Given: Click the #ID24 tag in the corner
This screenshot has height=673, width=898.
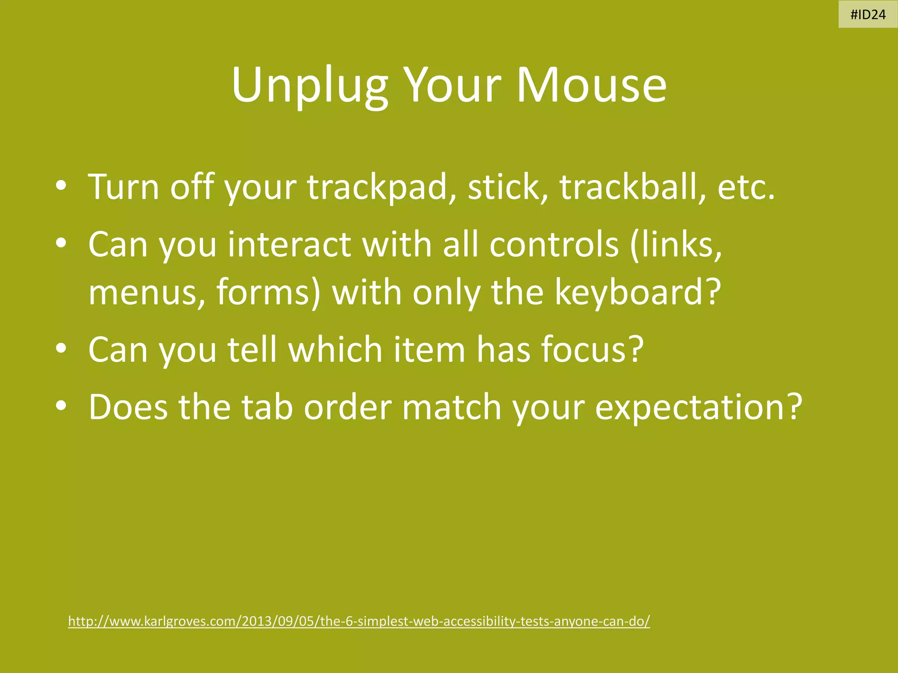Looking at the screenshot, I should coord(868,15).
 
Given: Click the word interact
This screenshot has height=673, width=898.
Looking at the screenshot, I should coord(289,244).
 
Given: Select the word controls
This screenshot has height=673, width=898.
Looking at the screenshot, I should coord(554,244).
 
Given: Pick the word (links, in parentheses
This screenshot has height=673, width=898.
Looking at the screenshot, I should coord(676,244).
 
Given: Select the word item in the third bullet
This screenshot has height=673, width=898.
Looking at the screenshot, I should coord(429,349).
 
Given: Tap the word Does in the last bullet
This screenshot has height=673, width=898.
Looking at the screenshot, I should coord(128,407).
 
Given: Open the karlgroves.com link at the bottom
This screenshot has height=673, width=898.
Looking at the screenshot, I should coord(359,621).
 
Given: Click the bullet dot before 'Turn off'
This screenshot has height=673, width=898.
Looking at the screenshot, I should coord(61,187).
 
